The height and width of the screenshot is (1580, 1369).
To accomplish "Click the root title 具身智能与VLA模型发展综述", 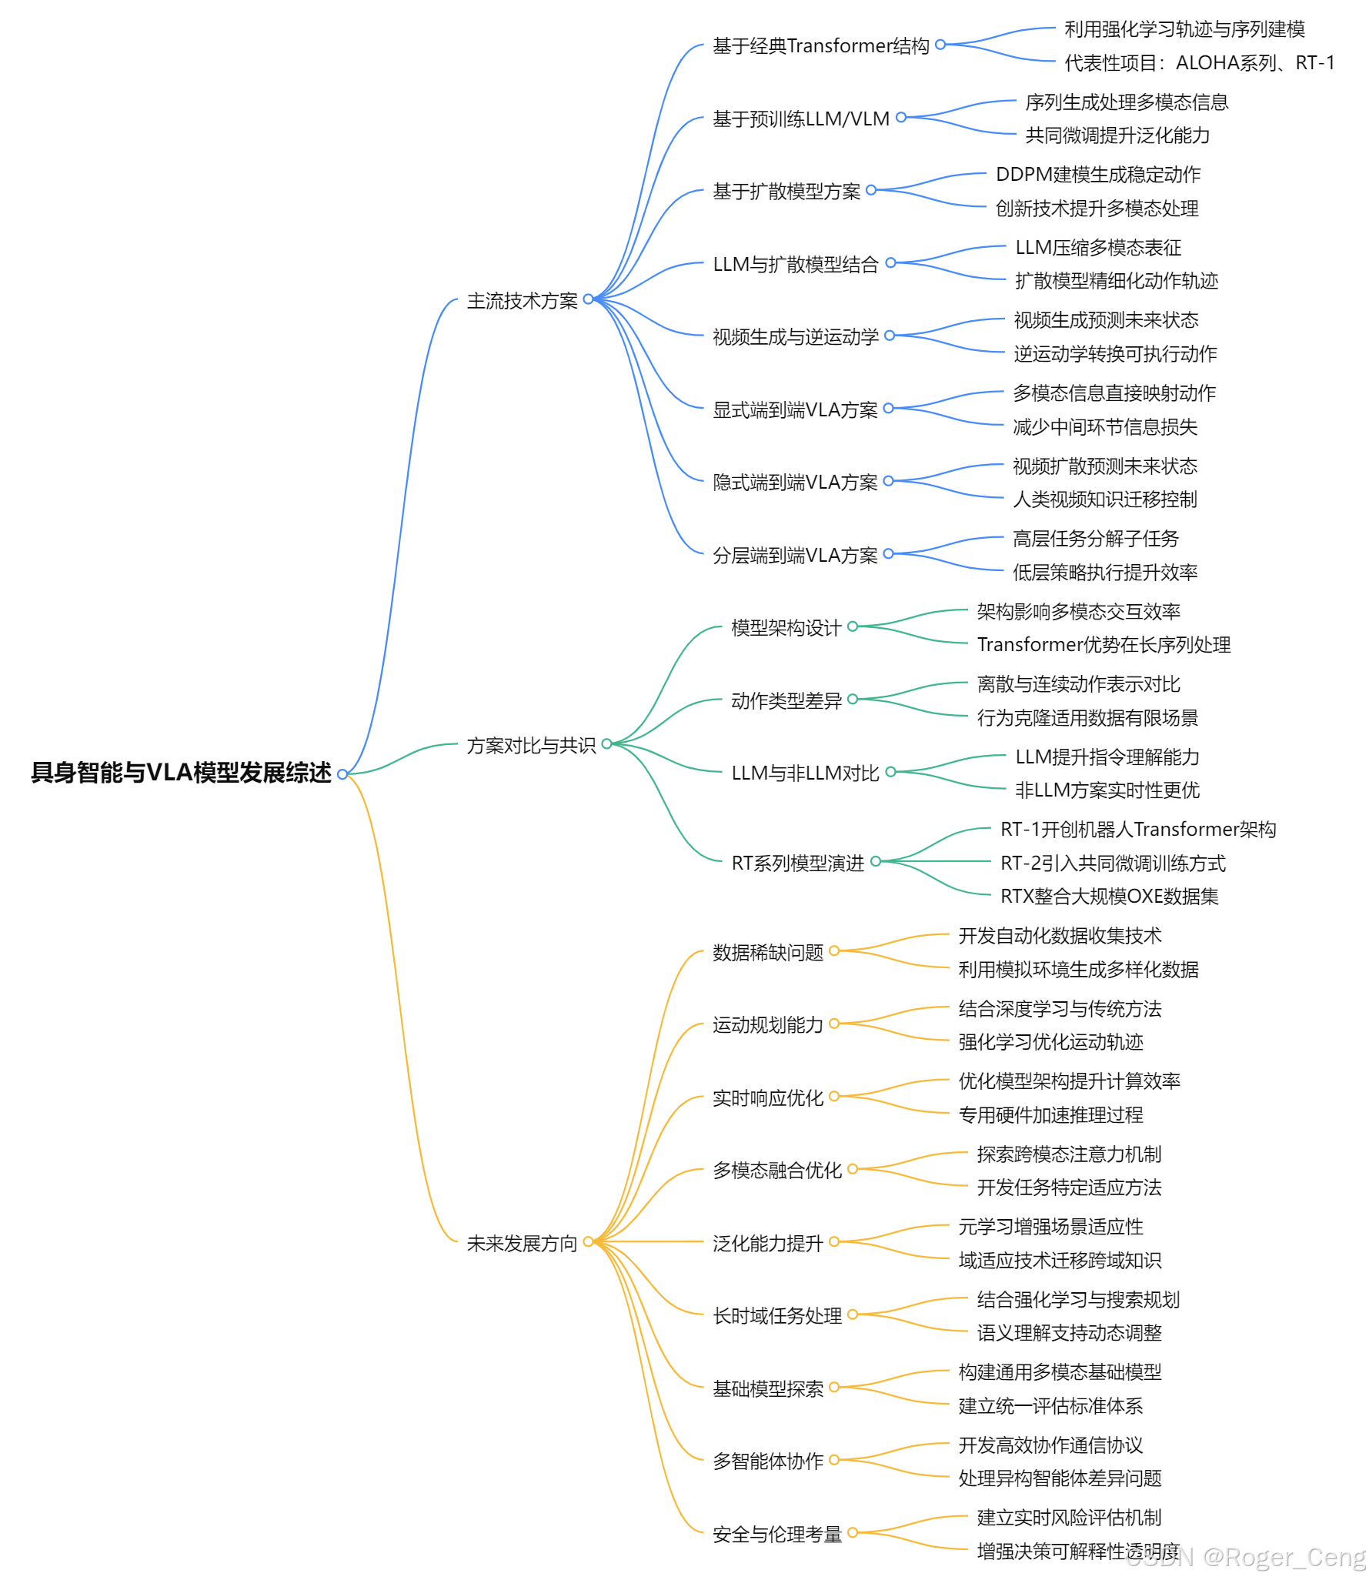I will pyautogui.click(x=181, y=772).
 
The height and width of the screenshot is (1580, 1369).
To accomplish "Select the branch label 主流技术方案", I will pyautogui.click(x=522, y=300).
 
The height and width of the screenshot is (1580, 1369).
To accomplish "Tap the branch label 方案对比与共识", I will pyautogui.click(x=531, y=745).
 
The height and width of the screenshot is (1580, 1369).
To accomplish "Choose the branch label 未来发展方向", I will pyautogui.click(x=522, y=1243).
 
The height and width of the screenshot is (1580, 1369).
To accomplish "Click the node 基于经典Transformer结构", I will pyautogui.click(x=820, y=46).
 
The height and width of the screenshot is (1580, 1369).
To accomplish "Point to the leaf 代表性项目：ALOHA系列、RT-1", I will pyautogui.click(x=1199, y=62).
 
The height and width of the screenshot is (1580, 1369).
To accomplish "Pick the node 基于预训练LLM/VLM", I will pyautogui.click(x=800, y=119).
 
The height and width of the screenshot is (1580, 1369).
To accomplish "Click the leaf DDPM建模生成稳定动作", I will pyautogui.click(x=1097, y=175).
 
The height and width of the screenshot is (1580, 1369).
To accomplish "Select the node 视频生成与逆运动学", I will pyautogui.click(x=795, y=336).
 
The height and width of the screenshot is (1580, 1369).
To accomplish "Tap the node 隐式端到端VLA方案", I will pyautogui.click(x=795, y=482).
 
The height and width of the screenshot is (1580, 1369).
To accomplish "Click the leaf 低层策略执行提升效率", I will pyautogui.click(x=1104, y=572).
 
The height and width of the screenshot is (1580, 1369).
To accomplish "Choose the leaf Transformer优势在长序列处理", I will pyautogui.click(x=1104, y=644).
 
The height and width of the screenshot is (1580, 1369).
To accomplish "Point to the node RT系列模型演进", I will pyautogui.click(x=797, y=863).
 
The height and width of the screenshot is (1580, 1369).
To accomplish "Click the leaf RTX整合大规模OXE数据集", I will pyautogui.click(x=1109, y=896).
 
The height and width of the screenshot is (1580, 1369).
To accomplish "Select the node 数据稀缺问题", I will pyautogui.click(x=767, y=952).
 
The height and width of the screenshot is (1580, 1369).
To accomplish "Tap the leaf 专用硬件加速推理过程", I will pyautogui.click(x=1050, y=1114).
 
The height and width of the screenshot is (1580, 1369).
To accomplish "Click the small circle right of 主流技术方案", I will pyautogui.click(x=588, y=299).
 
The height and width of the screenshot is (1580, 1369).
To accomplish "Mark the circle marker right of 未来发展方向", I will pyautogui.click(x=588, y=1241).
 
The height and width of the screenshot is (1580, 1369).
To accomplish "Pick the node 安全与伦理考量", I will pyautogui.click(x=776, y=1535).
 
